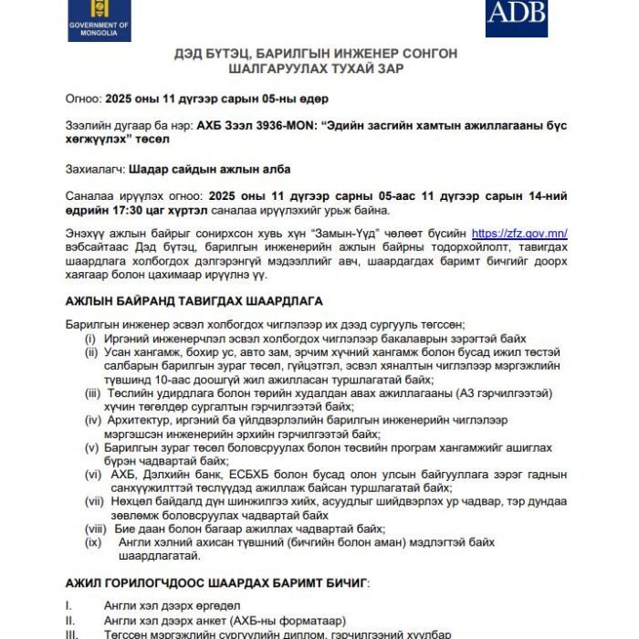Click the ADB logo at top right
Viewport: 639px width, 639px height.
click(x=517, y=13)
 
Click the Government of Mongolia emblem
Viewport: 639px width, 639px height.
click(x=99, y=19)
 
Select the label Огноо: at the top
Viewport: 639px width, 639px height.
click(x=84, y=99)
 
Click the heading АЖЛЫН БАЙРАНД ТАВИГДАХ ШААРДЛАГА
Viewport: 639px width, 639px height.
click(x=194, y=300)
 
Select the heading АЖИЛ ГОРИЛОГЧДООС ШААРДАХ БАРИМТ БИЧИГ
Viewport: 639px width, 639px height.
click(x=217, y=581)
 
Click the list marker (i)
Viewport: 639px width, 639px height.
click(x=89, y=339)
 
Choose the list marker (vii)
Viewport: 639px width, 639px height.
click(x=94, y=501)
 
